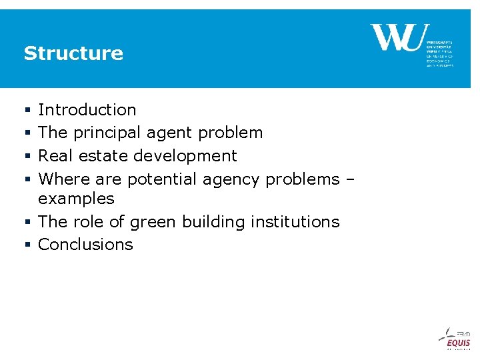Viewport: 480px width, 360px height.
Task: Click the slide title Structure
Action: (73, 53)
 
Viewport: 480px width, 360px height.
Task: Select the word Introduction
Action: (87, 110)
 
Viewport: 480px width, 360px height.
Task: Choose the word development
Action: (185, 156)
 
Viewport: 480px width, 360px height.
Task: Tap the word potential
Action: (162, 179)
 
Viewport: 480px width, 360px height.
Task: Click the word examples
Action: (77, 199)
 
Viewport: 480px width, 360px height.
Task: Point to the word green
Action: (155, 222)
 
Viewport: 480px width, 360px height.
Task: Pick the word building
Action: (215, 222)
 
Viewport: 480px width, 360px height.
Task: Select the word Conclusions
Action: (85, 245)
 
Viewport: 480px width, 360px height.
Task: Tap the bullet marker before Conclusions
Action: (27, 245)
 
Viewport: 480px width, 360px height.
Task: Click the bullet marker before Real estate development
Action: (27, 157)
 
